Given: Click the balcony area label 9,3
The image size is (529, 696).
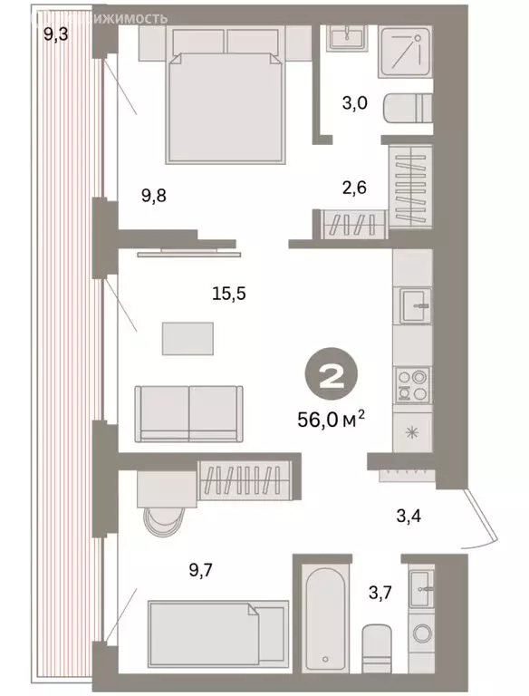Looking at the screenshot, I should tap(57, 35).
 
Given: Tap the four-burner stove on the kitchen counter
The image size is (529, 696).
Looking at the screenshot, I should tap(413, 386).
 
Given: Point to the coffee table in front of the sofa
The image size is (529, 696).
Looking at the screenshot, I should tap(189, 339).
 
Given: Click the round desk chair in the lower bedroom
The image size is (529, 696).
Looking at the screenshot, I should tap(163, 525).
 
